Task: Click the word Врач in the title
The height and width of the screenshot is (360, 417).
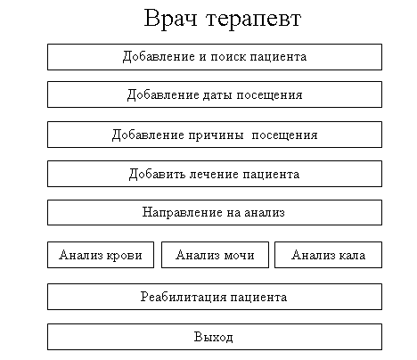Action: (x=170, y=19)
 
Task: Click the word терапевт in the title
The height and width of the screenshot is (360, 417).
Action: (x=254, y=20)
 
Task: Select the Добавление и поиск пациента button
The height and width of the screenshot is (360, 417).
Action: (x=215, y=57)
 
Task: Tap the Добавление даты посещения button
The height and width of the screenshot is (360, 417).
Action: (x=215, y=94)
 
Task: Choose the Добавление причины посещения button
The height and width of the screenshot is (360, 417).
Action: (x=215, y=135)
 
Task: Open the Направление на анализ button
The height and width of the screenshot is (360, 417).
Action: (x=215, y=212)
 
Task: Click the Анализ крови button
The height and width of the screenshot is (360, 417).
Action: (x=101, y=255)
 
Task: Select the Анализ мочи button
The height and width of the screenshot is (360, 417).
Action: (x=215, y=255)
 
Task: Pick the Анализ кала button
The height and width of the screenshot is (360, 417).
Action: (x=328, y=255)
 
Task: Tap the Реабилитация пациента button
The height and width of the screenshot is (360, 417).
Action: (x=215, y=297)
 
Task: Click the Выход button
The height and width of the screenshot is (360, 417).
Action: (x=215, y=337)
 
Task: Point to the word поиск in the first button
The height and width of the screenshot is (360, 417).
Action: (x=228, y=57)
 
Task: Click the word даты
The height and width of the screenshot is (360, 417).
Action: (x=218, y=95)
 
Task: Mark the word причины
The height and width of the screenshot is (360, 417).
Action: (x=216, y=135)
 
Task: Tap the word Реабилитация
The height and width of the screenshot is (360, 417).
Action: (x=183, y=298)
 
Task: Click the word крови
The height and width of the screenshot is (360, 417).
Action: (x=124, y=256)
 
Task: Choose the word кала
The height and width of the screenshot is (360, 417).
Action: (x=352, y=256)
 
